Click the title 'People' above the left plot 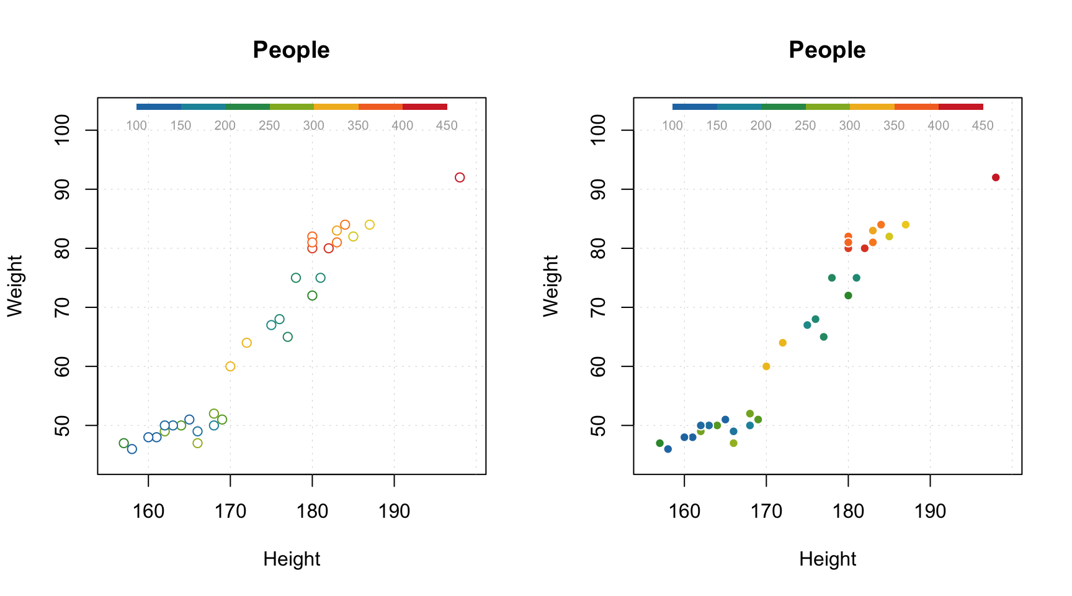291,50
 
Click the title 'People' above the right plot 827,50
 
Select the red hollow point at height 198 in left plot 460,178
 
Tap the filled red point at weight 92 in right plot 996,178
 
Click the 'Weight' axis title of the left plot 14,286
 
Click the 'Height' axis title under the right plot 827,559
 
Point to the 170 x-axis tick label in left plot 230,512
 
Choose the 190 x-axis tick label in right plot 930,512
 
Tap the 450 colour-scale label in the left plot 447,126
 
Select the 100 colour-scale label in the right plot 672,126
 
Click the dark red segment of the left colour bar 425,107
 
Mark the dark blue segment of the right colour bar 694,107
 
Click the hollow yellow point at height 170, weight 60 230,366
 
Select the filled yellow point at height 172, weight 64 782,343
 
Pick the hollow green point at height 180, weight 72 312,296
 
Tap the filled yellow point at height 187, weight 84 905,225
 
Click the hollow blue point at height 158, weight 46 132,449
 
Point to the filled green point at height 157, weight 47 659,443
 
